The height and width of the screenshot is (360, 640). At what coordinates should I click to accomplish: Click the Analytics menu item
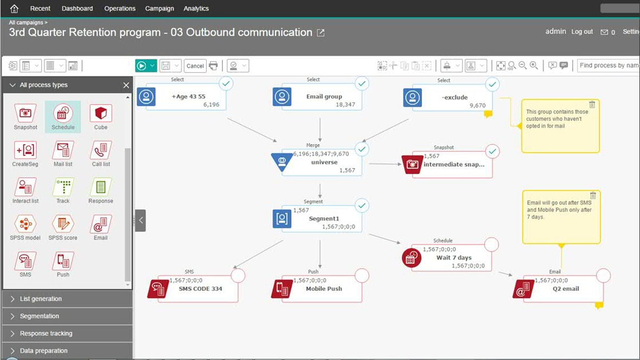[196, 9]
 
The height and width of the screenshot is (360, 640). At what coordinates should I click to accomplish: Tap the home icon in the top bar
[14, 9]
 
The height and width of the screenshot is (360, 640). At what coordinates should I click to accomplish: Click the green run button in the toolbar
[142, 66]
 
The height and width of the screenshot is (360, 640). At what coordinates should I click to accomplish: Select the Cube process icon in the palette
[100, 113]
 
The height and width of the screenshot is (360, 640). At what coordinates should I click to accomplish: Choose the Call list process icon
[100, 150]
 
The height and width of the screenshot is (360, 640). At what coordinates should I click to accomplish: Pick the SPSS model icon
[25, 224]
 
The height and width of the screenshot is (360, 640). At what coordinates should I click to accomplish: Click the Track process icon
[63, 188]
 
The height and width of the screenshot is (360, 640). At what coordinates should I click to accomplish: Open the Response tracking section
[46, 333]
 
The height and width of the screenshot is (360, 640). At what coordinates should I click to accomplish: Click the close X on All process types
[126, 85]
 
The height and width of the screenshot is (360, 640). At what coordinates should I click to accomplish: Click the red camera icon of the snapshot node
[412, 164]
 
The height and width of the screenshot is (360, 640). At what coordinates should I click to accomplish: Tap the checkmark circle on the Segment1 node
[362, 205]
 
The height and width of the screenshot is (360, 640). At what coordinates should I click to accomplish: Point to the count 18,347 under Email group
[345, 105]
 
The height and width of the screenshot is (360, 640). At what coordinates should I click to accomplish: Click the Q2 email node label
[566, 289]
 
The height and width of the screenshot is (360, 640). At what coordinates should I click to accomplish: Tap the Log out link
[582, 32]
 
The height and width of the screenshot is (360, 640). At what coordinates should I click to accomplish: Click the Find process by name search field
[609, 66]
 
